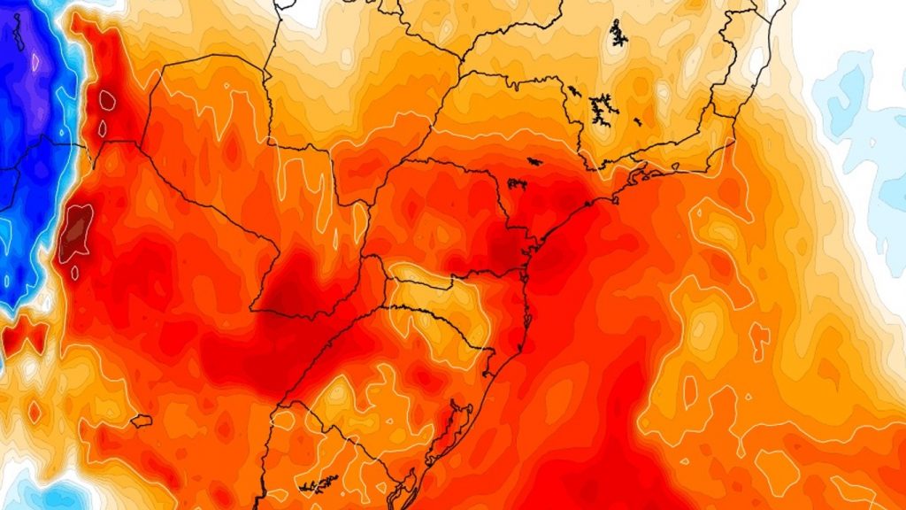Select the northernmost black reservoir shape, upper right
[x=618, y=34]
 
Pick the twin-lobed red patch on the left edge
[x=24, y=336]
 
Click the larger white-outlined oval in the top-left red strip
[x=107, y=99]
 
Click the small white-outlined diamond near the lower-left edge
[x=35, y=412]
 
